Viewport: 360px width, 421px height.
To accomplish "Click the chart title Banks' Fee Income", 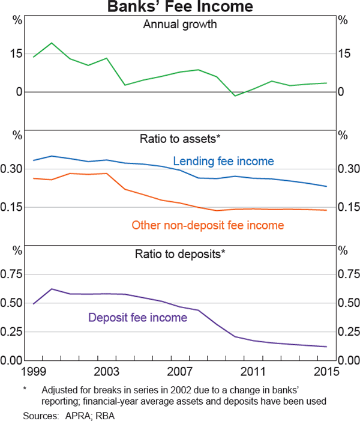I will coord(181,7).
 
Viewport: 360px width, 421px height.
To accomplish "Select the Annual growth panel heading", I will coord(180,25).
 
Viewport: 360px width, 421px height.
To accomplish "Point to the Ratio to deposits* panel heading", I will coord(180,254).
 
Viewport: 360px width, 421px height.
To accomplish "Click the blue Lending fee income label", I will coord(223,161).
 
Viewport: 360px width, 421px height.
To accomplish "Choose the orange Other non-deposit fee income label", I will coord(208,225).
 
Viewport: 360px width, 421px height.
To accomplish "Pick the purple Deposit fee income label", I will coord(137,318).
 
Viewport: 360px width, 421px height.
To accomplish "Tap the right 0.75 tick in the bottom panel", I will coord(348,274).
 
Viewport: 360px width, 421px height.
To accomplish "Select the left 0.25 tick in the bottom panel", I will coord(13,332).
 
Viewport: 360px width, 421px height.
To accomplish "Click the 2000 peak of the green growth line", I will coord(52,43).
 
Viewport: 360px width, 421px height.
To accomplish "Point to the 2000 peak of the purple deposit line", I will coord(52,289).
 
